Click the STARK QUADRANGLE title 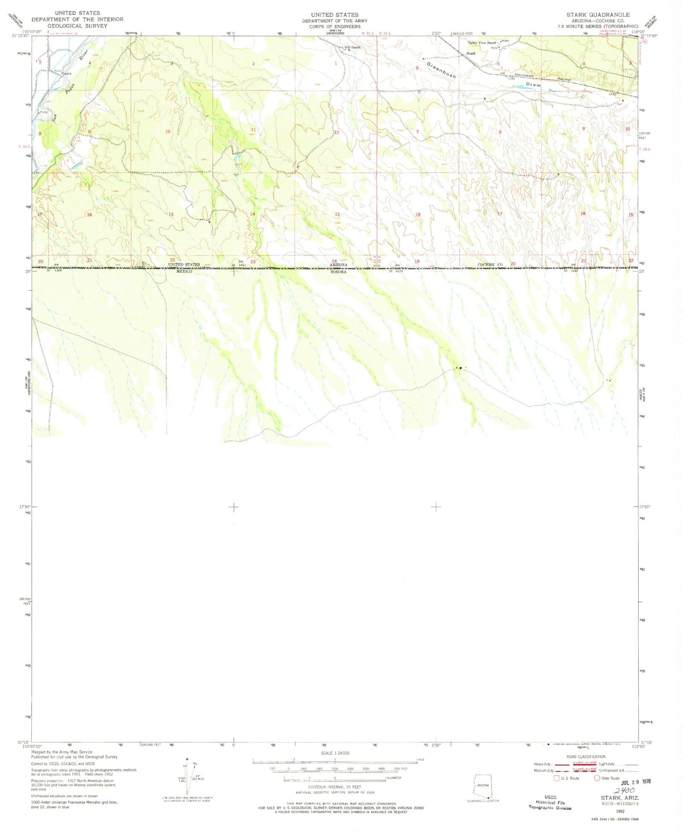click(x=598, y=15)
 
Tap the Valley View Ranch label click(x=482, y=43)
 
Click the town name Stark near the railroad click(x=471, y=53)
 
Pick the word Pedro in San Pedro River click(x=70, y=87)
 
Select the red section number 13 click(x=337, y=214)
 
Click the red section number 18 click(x=417, y=215)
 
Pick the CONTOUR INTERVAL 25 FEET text click(x=334, y=787)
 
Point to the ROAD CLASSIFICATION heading click(x=585, y=756)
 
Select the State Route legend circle click(x=597, y=778)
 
